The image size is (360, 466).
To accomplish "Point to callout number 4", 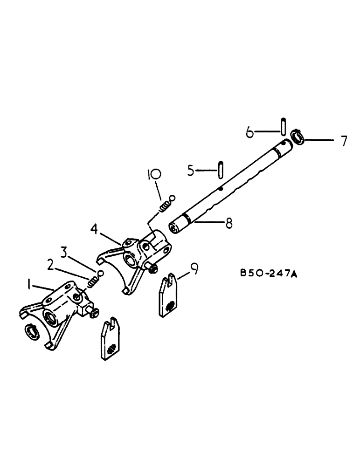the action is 95,229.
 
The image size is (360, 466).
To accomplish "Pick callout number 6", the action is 249,132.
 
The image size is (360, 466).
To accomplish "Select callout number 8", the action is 228,224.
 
